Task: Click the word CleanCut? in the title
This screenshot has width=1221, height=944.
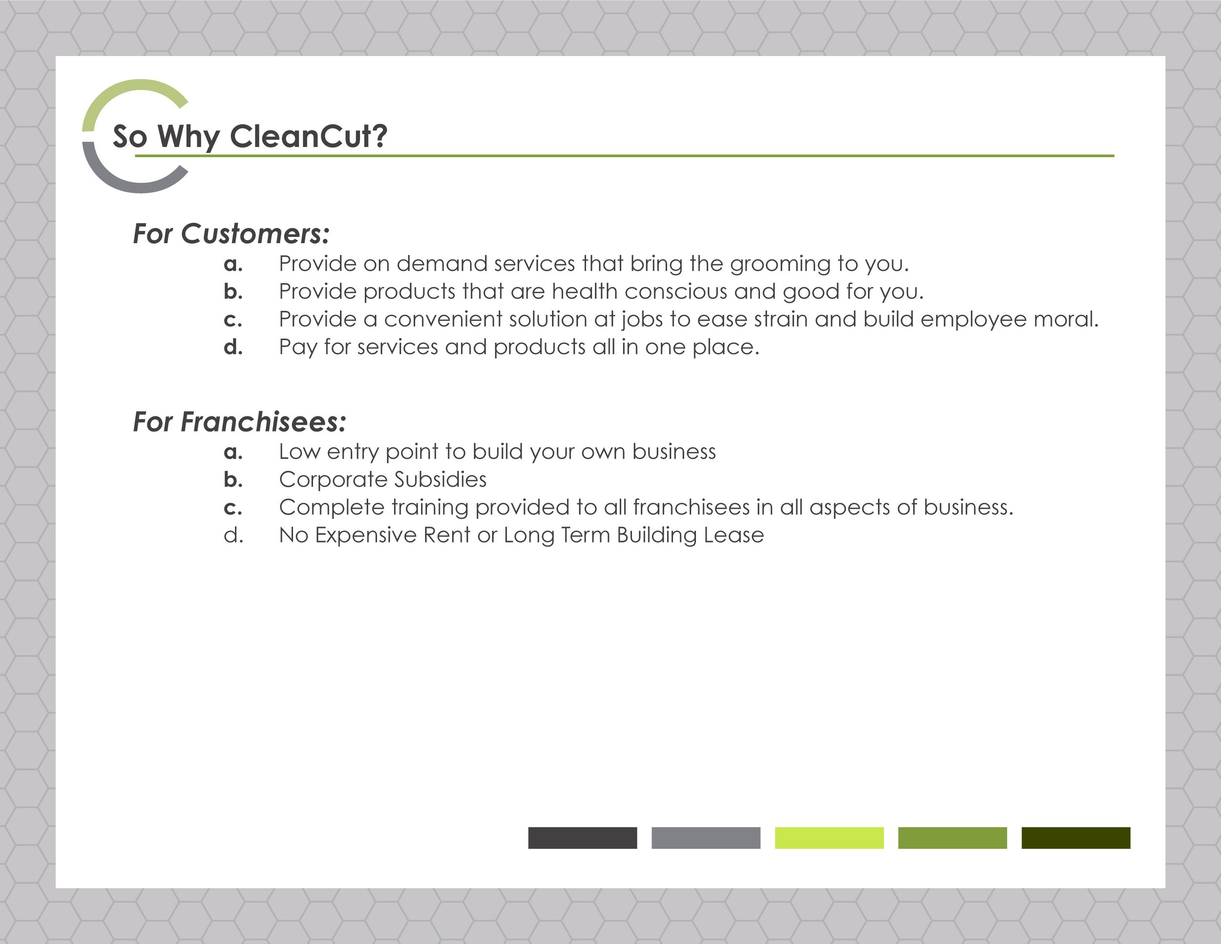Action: [x=308, y=136]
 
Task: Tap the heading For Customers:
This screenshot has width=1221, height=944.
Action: [x=231, y=233]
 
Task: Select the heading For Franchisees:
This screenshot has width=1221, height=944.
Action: [x=239, y=421]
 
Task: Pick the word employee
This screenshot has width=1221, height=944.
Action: [x=973, y=320]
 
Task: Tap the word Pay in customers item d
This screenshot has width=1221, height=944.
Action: [x=297, y=348]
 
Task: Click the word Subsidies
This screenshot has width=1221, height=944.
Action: [x=440, y=480]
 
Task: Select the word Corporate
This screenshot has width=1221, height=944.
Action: [x=333, y=480]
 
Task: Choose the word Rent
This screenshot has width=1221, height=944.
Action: [x=447, y=535]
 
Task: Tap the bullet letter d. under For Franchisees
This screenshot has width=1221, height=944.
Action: [x=233, y=535]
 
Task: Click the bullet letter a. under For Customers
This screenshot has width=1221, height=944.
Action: [x=233, y=264]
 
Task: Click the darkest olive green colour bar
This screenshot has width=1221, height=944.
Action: [x=1075, y=838]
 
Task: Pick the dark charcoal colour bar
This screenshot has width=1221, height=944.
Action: [x=582, y=838]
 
